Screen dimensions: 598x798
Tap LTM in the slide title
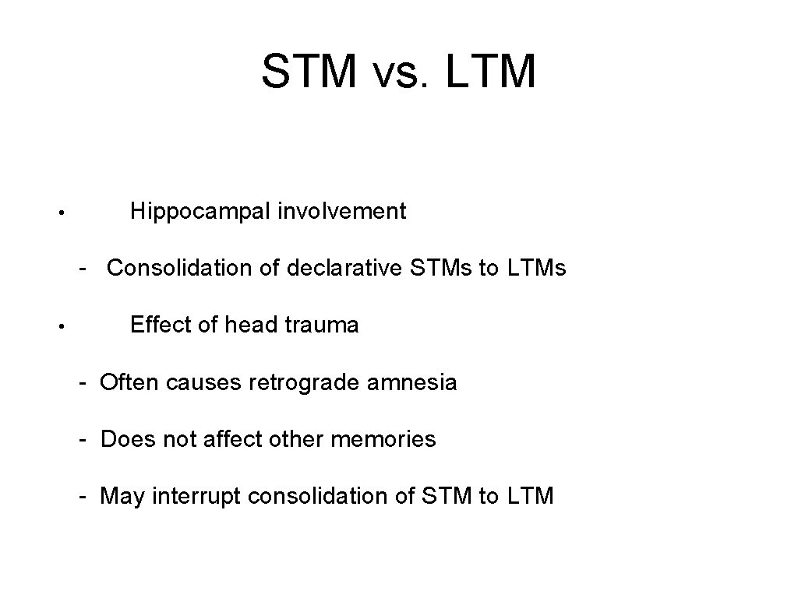[x=492, y=72]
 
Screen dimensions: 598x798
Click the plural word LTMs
[x=536, y=268]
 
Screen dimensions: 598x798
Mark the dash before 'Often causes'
[x=82, y=382]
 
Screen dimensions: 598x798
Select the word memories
[x=383, y=439]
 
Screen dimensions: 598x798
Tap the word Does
[x=128, y=439]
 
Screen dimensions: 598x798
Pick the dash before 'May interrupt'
[x=82, y=496]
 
